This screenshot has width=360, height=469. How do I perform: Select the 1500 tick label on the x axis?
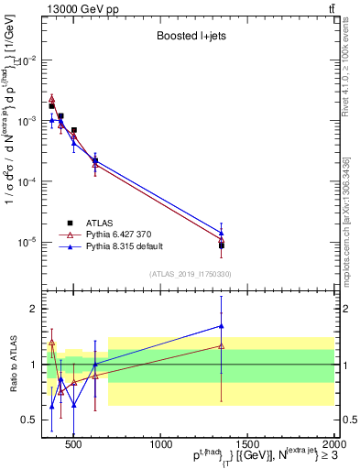tap(248, 445)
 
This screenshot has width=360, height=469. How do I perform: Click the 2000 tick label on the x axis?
tap(333, 445)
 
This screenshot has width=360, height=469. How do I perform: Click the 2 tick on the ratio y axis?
tap(32, 309)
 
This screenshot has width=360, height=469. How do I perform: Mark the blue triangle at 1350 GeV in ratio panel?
tap(222, 325)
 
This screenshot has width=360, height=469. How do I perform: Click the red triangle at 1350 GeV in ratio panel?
tap(222, 345)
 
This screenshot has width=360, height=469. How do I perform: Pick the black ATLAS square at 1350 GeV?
tap(222, 245)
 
